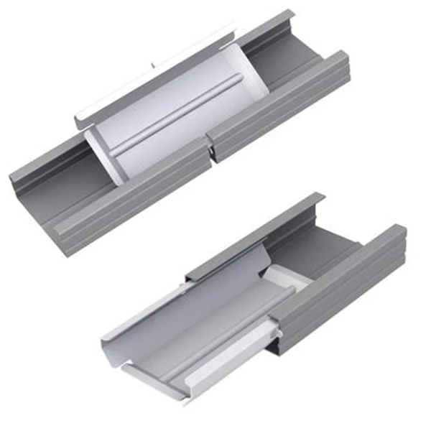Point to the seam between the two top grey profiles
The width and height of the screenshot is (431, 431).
pyautogui.click(x=209, y=147)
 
